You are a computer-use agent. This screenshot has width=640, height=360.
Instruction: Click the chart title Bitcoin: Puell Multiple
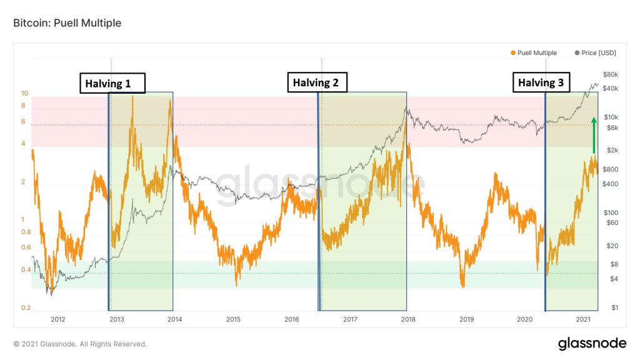[x=67, y=23]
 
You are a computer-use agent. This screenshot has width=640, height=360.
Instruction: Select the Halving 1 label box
[x=112, y=84]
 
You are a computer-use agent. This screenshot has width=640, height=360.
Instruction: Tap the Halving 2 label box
[x=317, y=82]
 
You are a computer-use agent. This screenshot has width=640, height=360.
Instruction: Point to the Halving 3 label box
[x=542, y=82]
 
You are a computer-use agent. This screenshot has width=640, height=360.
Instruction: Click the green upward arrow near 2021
[x=594, y=134]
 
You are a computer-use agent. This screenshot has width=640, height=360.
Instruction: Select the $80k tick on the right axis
[x=611, y=74]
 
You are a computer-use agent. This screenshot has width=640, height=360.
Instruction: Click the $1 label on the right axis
[x=615, y=307]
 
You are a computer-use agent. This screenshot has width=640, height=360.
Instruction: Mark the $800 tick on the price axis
[x=611, y=169]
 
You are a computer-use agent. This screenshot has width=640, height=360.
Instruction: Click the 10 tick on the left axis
[x=25, y=94]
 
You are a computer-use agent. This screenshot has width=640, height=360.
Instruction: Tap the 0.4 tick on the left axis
[x=26, y=270]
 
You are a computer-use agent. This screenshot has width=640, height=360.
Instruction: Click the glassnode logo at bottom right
[x=591, y=343]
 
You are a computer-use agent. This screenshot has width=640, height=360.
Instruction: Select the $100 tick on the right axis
[x=611, y=212]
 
